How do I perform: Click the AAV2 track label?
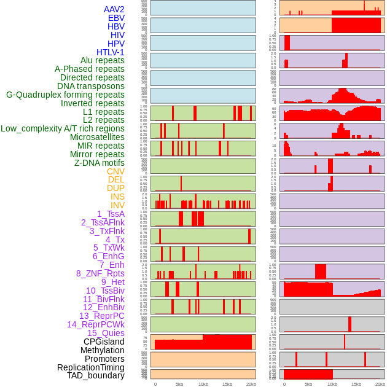[114, 9]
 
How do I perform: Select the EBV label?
[116, 18]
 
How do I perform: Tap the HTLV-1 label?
[110, 52]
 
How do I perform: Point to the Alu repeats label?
[102, 60]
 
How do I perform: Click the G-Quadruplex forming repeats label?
[65, 95]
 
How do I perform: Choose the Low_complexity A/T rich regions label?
[63, 128]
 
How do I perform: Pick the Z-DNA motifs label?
[100, 163]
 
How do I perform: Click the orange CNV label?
[115, 171]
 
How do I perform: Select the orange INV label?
[117, 205]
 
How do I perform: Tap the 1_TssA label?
[111, 214]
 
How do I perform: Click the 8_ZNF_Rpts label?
[100, 273]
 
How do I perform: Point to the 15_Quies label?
[106, 333]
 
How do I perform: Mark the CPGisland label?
[104, 342]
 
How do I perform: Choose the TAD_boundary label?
[96, 375]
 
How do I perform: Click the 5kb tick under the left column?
[179, 384]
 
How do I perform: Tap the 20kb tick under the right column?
[380, 384]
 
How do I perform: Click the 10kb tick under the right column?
[332, 384]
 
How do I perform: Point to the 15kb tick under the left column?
[227, 384]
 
